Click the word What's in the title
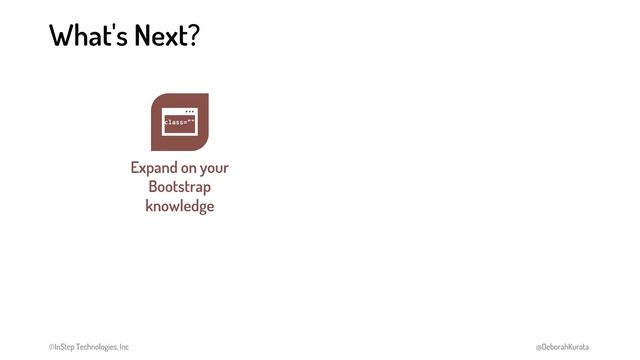click(x=84, y=36)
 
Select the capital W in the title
click(x=62, y=36)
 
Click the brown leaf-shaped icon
click(x=180, y=122)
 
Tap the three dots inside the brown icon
click(x=189, y=110)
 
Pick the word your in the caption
click(x=216, y=168)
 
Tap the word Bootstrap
click(x=180, y=187)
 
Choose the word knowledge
click(x=180, y=206)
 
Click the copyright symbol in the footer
click(x=52, y=347)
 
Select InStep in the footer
click(x=64, y=347)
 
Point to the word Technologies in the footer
click(x=97, y=347)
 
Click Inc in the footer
click(x=124, y=347)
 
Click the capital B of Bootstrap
click(x=153, y=187)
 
